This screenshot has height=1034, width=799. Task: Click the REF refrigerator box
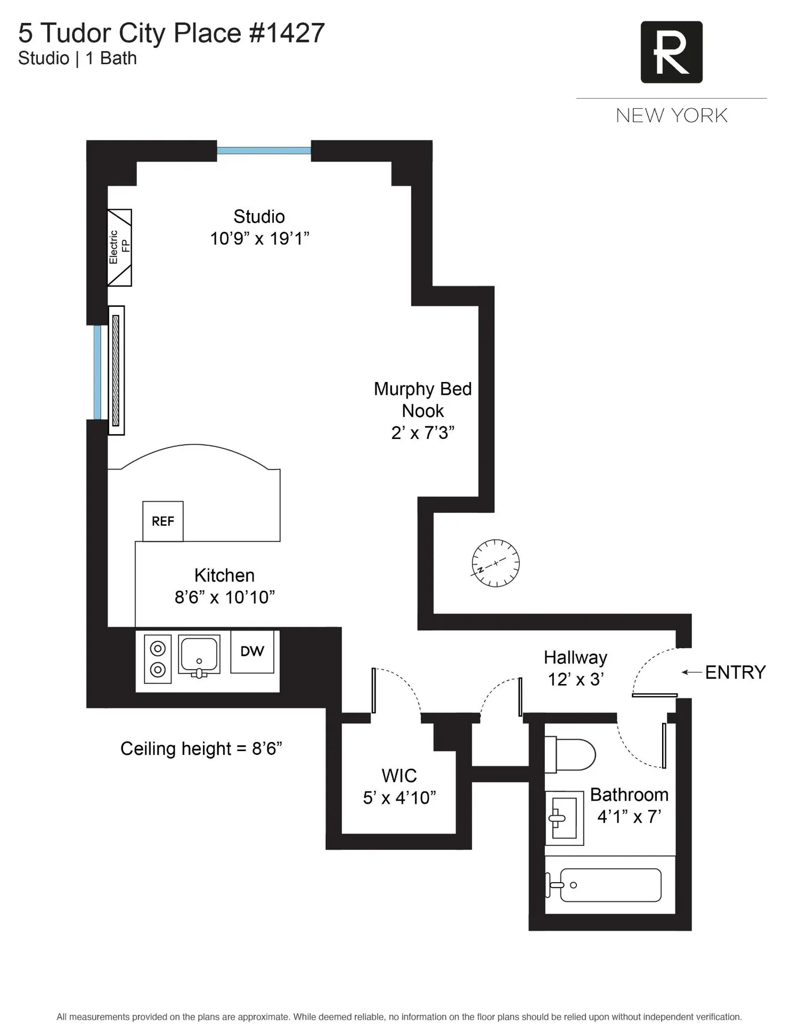(x=163, y=521)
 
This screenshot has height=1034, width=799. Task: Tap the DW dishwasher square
(x=252, y=652)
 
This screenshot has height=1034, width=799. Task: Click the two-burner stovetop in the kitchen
(x=158, y=659)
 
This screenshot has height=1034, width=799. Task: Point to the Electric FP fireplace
(x=119, y=248)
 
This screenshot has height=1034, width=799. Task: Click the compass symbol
(x=495, y=563)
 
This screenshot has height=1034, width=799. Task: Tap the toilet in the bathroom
(x=569, y=754)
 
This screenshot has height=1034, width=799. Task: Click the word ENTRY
(x=735, y=672)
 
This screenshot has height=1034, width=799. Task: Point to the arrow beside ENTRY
(x=691, y=672)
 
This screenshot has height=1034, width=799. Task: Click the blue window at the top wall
(x=264, y=151)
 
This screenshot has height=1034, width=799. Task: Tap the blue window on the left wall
(x=97, y=372)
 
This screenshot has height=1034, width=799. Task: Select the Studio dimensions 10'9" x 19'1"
(x=259, y=239)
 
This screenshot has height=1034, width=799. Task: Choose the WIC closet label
(x=399, y=776)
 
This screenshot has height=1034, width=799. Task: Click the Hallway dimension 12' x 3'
(x=576, y=680)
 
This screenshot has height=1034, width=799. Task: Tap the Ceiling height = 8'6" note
(x=201, y=748)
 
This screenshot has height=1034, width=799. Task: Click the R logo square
(x=671, y=52)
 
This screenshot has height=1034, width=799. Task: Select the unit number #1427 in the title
(x=287, y=33)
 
